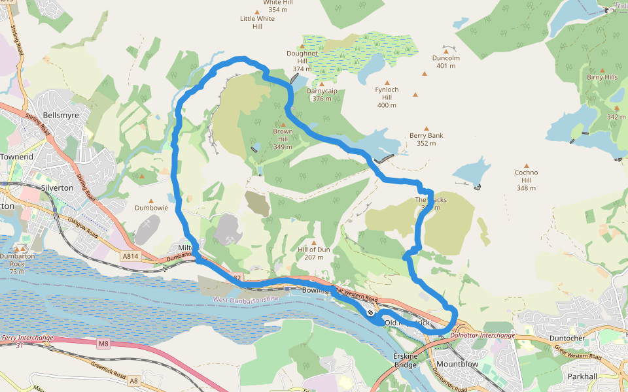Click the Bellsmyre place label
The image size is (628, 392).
pyautogui.click(x=60, y=115)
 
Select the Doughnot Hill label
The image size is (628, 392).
pyautogui.click(x=302, y=61)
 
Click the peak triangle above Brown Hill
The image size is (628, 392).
pyautogui.click(x=283, y=124)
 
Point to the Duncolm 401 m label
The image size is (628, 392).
pyautogui.click(x=446, y=61)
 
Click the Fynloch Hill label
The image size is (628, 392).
pyautogui.click(x=387, y=97)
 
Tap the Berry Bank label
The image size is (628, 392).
pyautogui.click(x=426, y=139)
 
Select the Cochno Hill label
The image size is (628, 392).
pyautogui.click(x=527, y=180)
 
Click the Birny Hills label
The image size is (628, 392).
pyautogui.click(x=602, y=77)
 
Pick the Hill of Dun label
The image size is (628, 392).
pyautogui.click(x=314, y=253)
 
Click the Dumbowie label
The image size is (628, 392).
pyautogui.click(x=152, y=208)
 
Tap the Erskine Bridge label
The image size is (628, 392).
pyautogui.click(x=405, y=360)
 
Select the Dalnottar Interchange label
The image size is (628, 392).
pyautogui.click(x=483, y=335)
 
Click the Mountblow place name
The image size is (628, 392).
pyautogui.click(x=457, y=363)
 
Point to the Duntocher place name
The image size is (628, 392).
pyautogui.click(x=567, y=338)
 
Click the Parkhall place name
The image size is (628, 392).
pyautogui.click(x=583, y=377)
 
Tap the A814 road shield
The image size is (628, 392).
pyautogui.click(x=130, y=257)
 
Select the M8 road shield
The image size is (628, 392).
pyautogui.click(x=103, y=343)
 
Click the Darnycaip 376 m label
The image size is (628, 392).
pyautogui.click(x=322, y=95)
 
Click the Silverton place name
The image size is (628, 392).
pyautogui.click(x=57, y=187)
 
